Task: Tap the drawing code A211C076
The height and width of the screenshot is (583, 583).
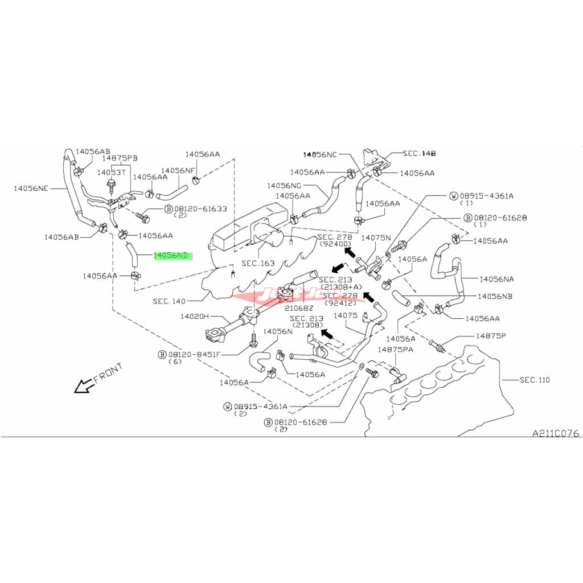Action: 555,433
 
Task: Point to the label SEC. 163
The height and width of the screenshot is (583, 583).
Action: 257,264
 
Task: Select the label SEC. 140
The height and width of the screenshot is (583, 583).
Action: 170,301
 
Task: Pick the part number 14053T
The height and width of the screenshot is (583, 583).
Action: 111,172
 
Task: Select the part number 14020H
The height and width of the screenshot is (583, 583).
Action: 195,317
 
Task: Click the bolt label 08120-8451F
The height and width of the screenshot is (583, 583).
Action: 193,354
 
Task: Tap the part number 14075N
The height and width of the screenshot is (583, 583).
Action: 376,237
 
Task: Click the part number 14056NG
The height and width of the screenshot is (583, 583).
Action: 287,186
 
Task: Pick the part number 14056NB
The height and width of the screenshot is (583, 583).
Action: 495,297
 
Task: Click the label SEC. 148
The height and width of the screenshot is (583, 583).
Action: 419,154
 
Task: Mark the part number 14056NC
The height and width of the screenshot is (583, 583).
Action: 321,154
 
